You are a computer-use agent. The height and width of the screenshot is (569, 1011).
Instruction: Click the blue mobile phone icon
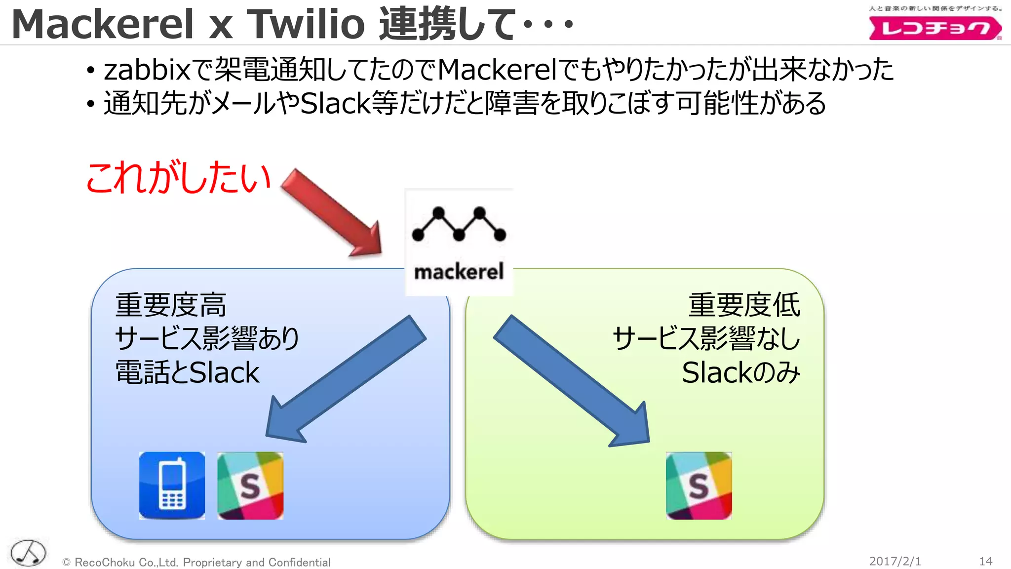pyautogui.click(x=172, y=485)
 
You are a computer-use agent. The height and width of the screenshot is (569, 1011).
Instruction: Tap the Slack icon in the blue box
pyautogui.click(x=250, y=485)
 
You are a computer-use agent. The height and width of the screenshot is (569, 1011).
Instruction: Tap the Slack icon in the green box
pyautogui.click(x=699, y=485)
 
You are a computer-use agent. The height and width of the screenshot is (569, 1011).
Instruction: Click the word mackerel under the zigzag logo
pyautogui.click(x=459, y=272)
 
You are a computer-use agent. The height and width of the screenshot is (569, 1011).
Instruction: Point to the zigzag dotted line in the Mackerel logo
pyautogui.click(x=459, y=225)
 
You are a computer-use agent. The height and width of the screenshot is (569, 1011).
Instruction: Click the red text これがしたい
pyautogui.click(x=178, y=178)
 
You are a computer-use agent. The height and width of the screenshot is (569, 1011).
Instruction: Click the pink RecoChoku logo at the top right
pyautogui.click(x=934, y=28)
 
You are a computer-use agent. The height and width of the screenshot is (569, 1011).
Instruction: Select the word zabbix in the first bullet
pyautogui.click(x=147, y=70)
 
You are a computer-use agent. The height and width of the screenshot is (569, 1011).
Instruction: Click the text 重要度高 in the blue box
pyautogui.click(x=171, y=305)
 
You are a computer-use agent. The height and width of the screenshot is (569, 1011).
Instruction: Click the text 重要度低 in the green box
pyautogui.click(x=744, y=305)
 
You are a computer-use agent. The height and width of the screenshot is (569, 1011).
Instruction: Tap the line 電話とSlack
pyautogui.click(x=187, y=372)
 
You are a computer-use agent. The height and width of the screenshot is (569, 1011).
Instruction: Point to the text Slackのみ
pyautogui.click(x=740, y=372)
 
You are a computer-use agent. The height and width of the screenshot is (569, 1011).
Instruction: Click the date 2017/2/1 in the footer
pyautogui.click(x=894, y=561)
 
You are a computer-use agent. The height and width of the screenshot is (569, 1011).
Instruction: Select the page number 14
pyautogui.click(x=985, y=561)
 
